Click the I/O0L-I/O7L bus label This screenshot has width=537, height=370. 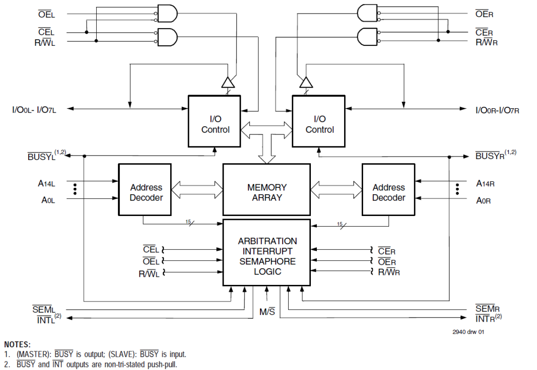click(x=34, y=110)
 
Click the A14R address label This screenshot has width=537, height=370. click(x=485, y=184)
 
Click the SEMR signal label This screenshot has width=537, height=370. click(x=487, y=309)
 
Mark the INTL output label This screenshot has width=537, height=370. click(x=44, y=318)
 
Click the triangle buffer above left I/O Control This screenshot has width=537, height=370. click(x=228, y=83)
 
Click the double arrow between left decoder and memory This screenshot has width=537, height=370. click(x=197, y=189)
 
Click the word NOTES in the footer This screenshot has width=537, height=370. click(x=18, y=344)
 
